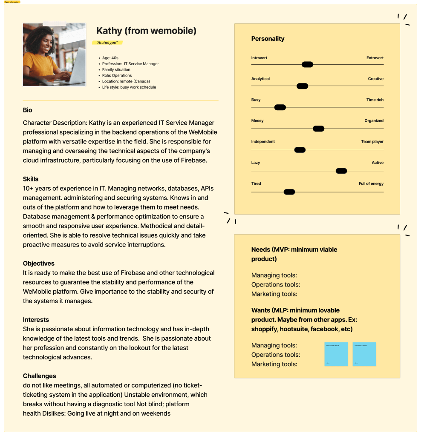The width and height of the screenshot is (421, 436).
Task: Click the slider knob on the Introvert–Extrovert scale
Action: point(307,65)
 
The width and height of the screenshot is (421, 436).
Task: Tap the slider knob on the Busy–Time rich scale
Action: point(280,107)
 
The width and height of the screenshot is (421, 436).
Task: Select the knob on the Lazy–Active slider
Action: point(341,171)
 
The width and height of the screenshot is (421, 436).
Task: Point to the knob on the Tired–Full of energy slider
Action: point(289,192)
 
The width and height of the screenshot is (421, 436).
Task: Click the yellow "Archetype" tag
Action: point(107,43)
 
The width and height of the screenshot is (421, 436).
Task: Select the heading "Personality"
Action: point(268,39)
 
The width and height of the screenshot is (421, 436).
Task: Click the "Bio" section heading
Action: point(28,110)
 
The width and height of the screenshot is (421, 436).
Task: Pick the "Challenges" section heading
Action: point(40,376)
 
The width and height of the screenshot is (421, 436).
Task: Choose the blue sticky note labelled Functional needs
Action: point(336,354)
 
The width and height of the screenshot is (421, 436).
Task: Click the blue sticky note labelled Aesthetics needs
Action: point(364,354)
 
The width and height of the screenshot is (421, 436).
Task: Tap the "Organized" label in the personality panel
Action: point(374,121)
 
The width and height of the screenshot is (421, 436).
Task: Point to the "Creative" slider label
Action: point(375,79)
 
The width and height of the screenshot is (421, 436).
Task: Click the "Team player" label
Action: point(372,142)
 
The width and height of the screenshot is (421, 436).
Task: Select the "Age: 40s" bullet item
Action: point(110,58)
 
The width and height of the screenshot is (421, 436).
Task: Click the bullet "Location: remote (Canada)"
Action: point(126,81)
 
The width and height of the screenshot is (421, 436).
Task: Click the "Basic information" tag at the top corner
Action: point(12,2)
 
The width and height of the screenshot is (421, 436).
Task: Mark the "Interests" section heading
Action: point(36,320)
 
